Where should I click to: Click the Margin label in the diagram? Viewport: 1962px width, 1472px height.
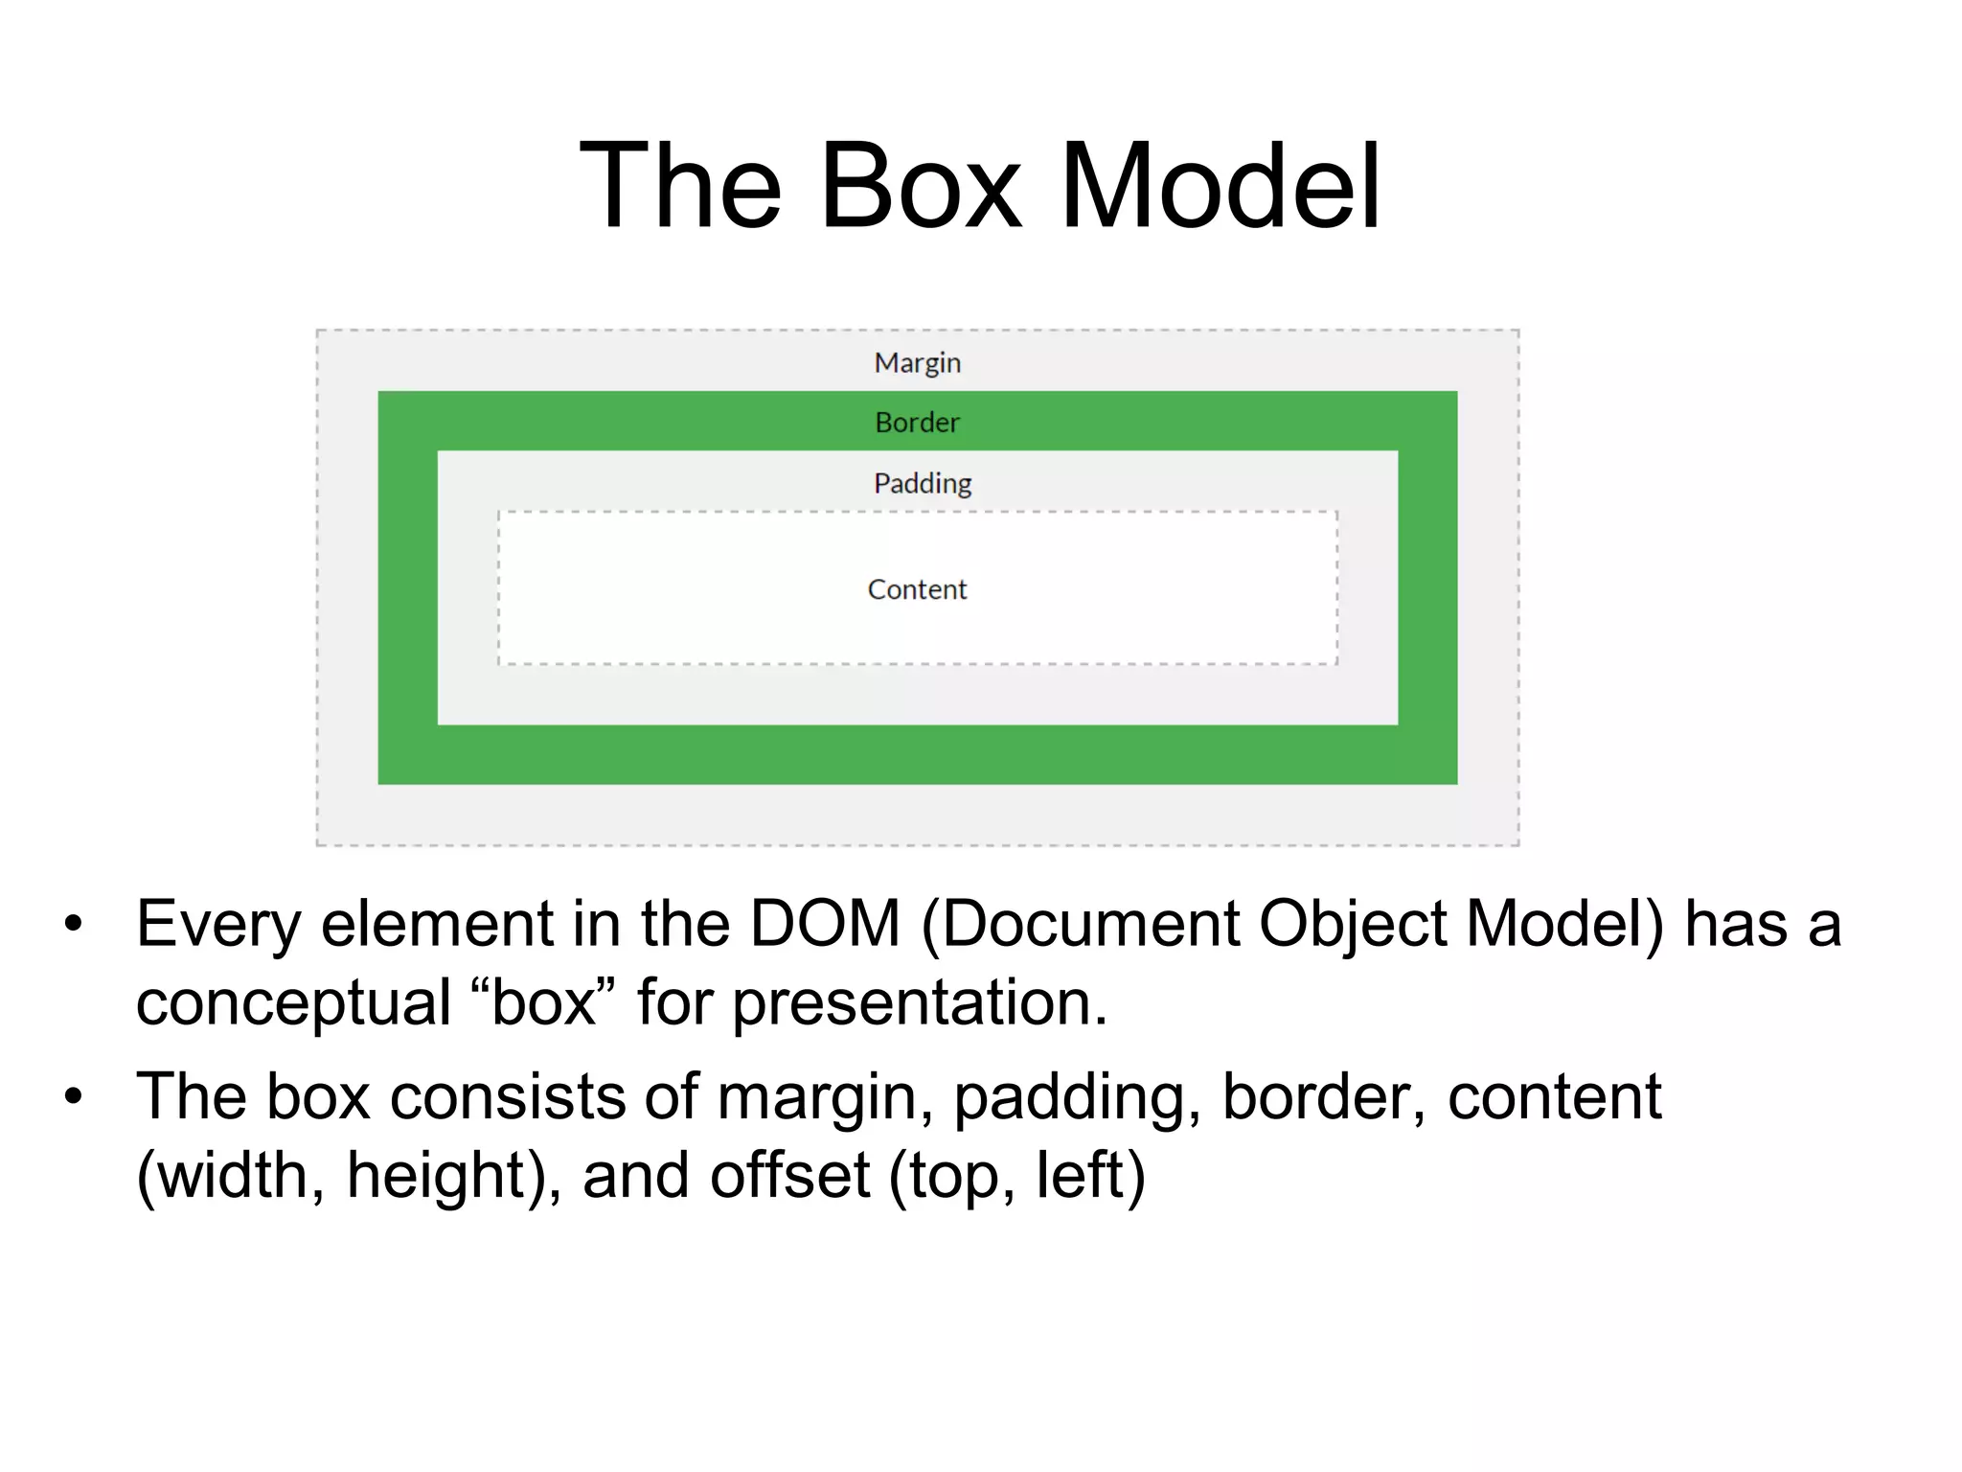pyautogui.click(x=917, y=363)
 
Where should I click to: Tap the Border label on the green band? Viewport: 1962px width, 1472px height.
pyautogui.click(x=917, y=423)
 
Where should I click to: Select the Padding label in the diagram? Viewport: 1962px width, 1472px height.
pyautogui.click(x=923, y=483)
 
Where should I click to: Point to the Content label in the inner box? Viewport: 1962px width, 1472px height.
pyautogui.click(x=917, y=589)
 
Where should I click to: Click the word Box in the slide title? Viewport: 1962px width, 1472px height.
pyautogui.click(x=921, y=186)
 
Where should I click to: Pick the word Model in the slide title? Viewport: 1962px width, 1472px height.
pyautogui.click(x=1220, y=186)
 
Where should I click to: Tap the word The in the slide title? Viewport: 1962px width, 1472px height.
pyautogui.click(x=681, y=186)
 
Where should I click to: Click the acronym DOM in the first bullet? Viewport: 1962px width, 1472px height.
pyautogui.click(x=825, y=924)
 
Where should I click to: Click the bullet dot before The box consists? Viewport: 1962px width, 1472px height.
pyautogui.click(x=74, y=1097)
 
